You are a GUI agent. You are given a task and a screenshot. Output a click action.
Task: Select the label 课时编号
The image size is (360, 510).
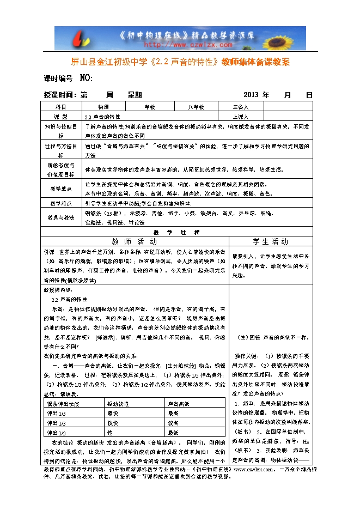pyautogui.click(x=58, y=78)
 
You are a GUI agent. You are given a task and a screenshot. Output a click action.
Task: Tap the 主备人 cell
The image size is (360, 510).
pyautogui.click(x=240, y=107)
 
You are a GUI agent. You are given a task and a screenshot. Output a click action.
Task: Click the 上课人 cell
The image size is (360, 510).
pyautogui.click(x=240, y=117)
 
